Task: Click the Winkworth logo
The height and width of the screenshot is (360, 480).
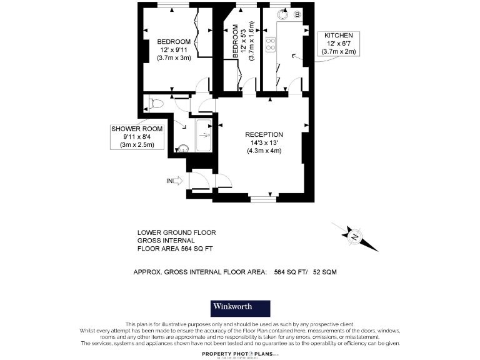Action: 240,307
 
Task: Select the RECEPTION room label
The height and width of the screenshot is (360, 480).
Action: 264,134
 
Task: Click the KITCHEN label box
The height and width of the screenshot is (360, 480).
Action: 338,44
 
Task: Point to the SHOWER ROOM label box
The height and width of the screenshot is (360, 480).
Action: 137,136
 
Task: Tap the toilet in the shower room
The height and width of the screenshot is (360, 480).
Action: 156,103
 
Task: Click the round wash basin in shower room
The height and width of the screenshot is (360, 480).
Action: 183,148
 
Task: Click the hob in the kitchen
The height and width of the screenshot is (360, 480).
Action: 271,44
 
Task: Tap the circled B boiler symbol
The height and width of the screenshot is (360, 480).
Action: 297,14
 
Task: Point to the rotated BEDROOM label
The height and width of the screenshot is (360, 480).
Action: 236,42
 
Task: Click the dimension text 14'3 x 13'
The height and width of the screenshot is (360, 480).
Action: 264,142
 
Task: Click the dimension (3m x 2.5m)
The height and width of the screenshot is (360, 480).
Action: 137,144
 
